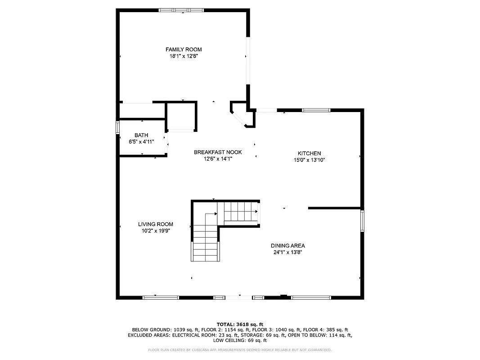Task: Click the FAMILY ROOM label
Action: click(184, 49)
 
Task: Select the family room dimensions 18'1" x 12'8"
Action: click(184, 56)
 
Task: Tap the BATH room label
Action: click(141, 135)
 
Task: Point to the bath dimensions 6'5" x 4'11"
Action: click(141, 142)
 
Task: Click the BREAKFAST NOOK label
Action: click(218, 152)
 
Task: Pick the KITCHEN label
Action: click(309, 153)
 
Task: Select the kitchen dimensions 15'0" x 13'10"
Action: click(309, 160)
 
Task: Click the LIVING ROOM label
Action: click(156, 224)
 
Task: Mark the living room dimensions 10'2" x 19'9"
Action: click(156, 230)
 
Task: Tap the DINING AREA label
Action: click(288, 246)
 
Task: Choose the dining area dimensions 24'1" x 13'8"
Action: click(288, 252)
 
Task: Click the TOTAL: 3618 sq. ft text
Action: click(240, 324)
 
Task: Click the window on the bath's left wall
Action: click(118, 127)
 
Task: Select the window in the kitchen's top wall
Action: click(316, 110)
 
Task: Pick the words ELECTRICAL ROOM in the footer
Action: click(191, 335)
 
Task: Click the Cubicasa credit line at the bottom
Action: click(240, 350)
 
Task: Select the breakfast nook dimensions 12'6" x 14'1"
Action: click(218, 158)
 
